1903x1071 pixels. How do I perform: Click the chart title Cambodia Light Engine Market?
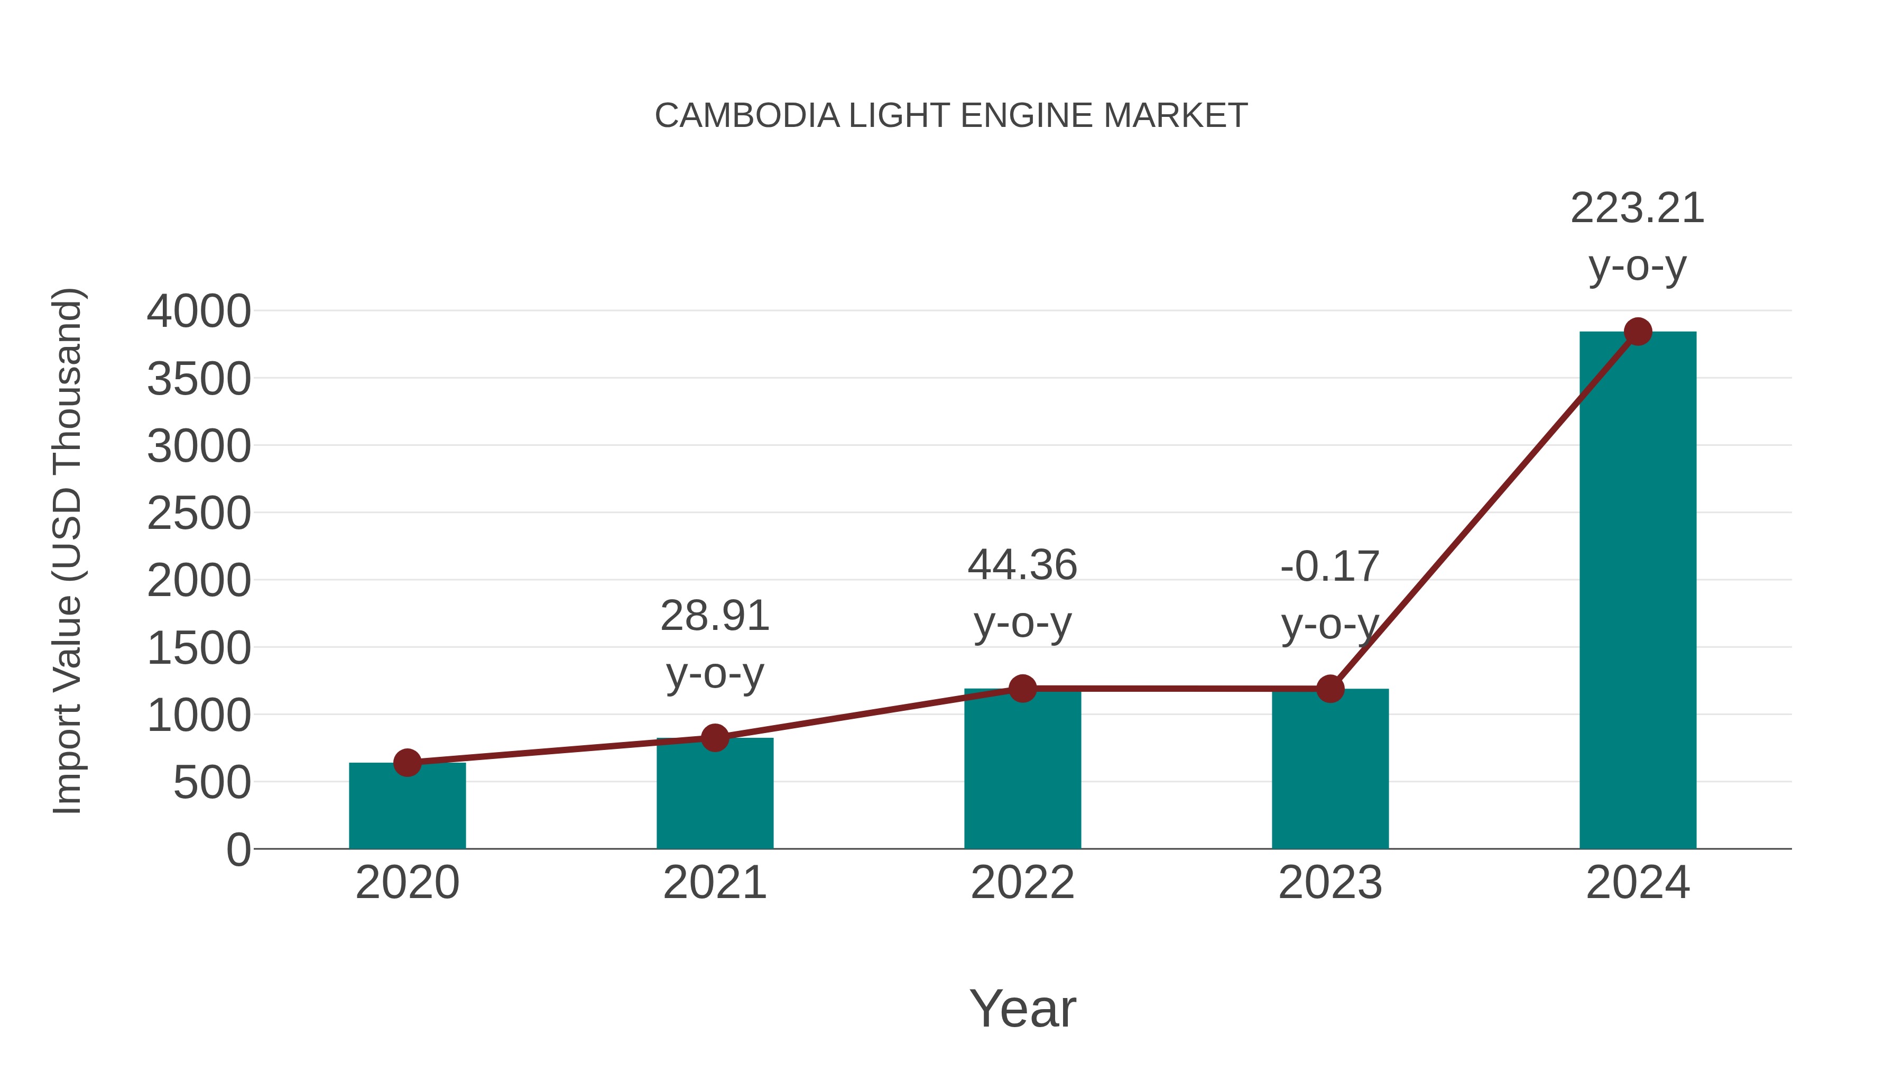click(x=951, y=116)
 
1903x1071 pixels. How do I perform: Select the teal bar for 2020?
click(x=407, y=809)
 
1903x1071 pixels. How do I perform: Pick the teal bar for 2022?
click(x=1022, y=772)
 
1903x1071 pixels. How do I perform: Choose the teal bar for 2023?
click(x=1330, y=772)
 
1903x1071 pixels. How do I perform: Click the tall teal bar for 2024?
click(x=1638, y=591)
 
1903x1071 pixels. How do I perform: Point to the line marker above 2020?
click(x=407, y=762)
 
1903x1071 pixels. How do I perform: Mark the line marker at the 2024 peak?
click(x=1638, y=332)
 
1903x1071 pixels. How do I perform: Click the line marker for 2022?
click(x=1022, y=688)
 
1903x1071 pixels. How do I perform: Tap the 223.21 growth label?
click(x=1637, y=209)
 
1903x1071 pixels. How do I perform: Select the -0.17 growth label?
click(x=1330, y=567)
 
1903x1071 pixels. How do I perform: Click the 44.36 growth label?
click(x=1022, y=566)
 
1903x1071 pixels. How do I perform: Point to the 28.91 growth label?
click(x=714, y=617)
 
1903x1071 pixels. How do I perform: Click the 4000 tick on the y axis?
click(x=199, y=311)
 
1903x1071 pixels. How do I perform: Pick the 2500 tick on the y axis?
click(x=199, y=514)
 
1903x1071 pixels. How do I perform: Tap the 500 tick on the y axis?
click(x=212, y=783)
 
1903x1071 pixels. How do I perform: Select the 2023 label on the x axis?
click(x=1330, y=883)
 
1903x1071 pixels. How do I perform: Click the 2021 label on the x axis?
click(x=714, y=883)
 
